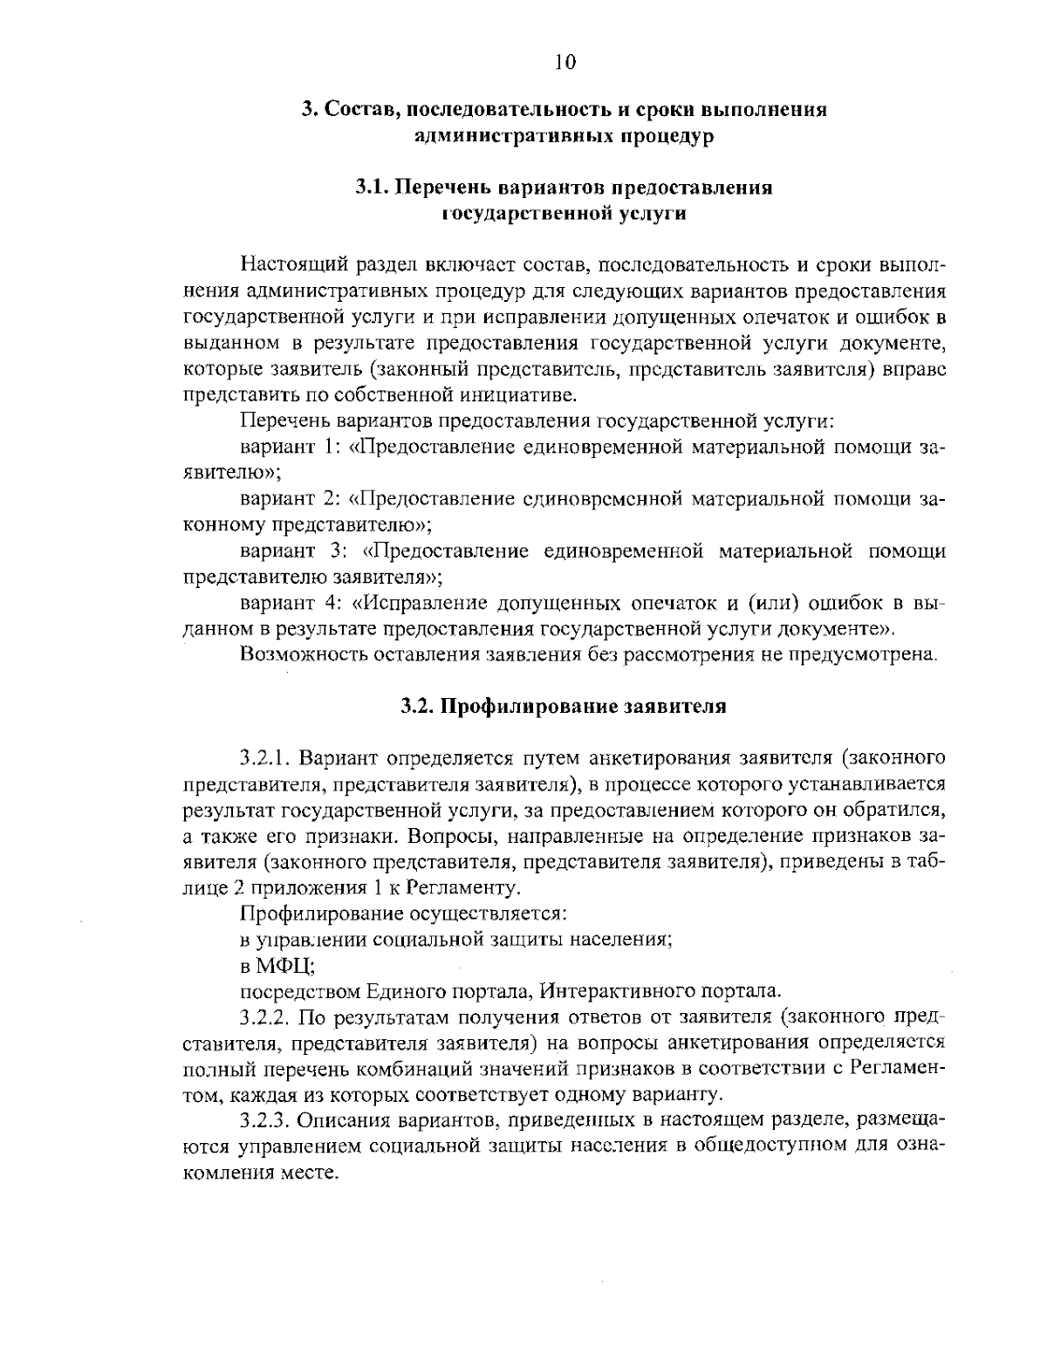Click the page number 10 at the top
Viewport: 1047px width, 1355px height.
click(565, 61)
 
